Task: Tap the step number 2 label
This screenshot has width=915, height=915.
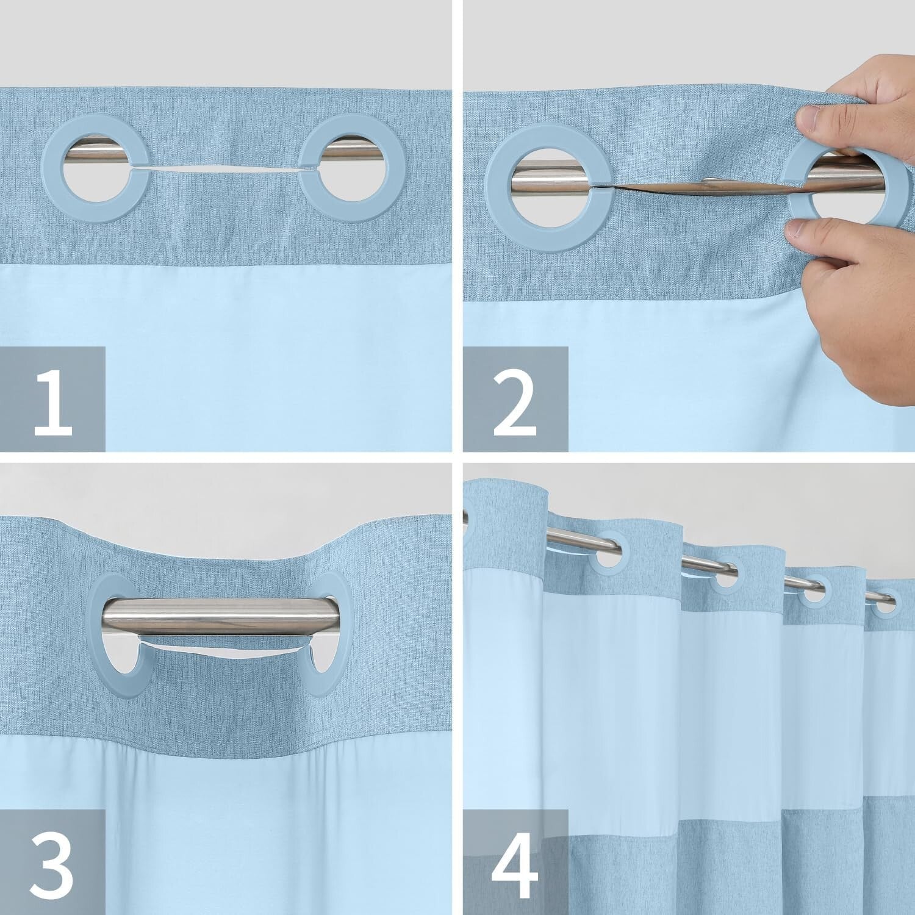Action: point(515,400)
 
